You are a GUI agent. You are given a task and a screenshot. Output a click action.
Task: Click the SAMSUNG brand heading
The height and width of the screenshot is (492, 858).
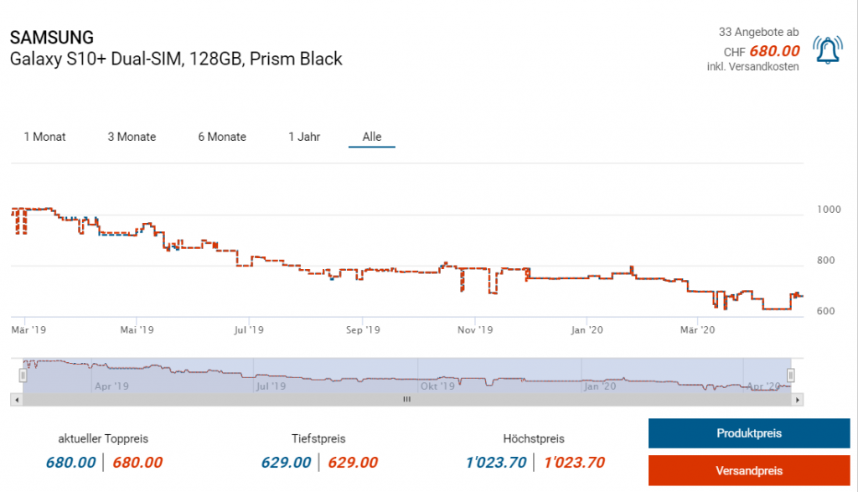pyautogui.click(x=52, y=38)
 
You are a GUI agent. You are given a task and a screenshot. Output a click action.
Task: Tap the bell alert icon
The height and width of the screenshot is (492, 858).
pyautogui.click(x=829, y=51)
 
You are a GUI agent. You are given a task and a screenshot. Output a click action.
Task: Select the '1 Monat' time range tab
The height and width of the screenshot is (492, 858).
pyautogui.click(x=45, y=137)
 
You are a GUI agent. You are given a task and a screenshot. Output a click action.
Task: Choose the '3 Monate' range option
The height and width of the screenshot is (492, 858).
pyautogui.click(x=132, y=137)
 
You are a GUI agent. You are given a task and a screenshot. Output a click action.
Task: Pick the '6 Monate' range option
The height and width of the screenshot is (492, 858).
pyautogui.click(x=222, y=137)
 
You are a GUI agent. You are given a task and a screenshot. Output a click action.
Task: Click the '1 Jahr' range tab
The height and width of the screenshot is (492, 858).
pyautogui.click(x=304, y=137)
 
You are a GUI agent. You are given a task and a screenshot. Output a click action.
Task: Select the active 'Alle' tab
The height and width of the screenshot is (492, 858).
pyautogui.click(x=372, y=137)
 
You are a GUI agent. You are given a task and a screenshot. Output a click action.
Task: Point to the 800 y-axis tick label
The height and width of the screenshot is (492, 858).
pyautogui.click(x=826, y=261)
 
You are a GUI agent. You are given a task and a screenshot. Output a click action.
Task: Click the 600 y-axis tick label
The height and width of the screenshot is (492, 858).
pyautogui.click(x=826, y=311)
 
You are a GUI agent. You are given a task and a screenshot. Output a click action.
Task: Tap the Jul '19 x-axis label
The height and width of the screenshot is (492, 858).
pyautogui.click(x=250, y=330)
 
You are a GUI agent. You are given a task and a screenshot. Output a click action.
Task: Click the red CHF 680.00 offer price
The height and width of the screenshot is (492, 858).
pyautogui.click(x=774, y=50)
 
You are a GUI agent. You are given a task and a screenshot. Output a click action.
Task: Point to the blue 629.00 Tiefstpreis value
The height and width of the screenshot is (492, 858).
pyautogui.click(x=286, y=463)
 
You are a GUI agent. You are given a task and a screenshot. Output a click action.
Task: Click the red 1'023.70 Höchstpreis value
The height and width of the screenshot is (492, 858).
pyautogui.click(x=574, y=463)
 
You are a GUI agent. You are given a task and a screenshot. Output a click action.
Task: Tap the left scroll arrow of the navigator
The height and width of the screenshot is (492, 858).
pyautogui.click(x=15, y=400)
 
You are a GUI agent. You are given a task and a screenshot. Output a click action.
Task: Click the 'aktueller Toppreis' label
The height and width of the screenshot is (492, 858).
pyautogui.click(x=104, y=438)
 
